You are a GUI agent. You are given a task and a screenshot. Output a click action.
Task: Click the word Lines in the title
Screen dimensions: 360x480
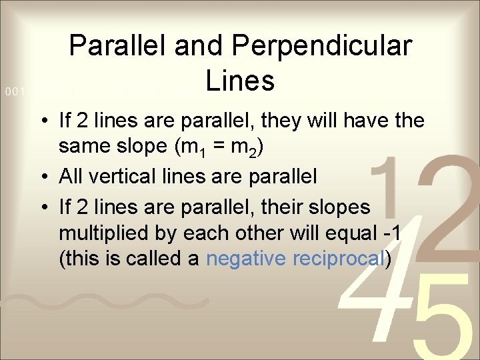coord(240,81)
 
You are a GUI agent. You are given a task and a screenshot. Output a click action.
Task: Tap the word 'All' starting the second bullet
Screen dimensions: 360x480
coord(71,177)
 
